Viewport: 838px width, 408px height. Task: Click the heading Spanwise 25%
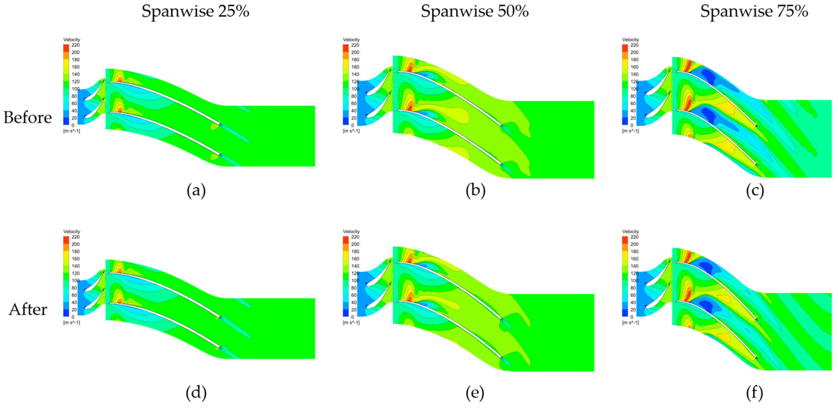(x=195, y=12)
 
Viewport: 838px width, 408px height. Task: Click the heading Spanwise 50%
(x=475, y=12)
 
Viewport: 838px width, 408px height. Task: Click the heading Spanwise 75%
(x=754, y=12)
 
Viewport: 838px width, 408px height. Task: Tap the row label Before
(x=28, y=117)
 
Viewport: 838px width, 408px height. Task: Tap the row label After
(x=28, y=309)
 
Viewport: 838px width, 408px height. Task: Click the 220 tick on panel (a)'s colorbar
(x=76, y=45)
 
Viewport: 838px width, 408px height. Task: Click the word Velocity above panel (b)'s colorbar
(x=351, y=40)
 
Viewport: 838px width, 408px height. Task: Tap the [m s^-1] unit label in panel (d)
(x=71, y=322)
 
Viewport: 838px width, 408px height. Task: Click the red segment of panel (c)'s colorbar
(x=625, y=48)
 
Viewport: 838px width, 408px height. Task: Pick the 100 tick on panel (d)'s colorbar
(x=76, y=280)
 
